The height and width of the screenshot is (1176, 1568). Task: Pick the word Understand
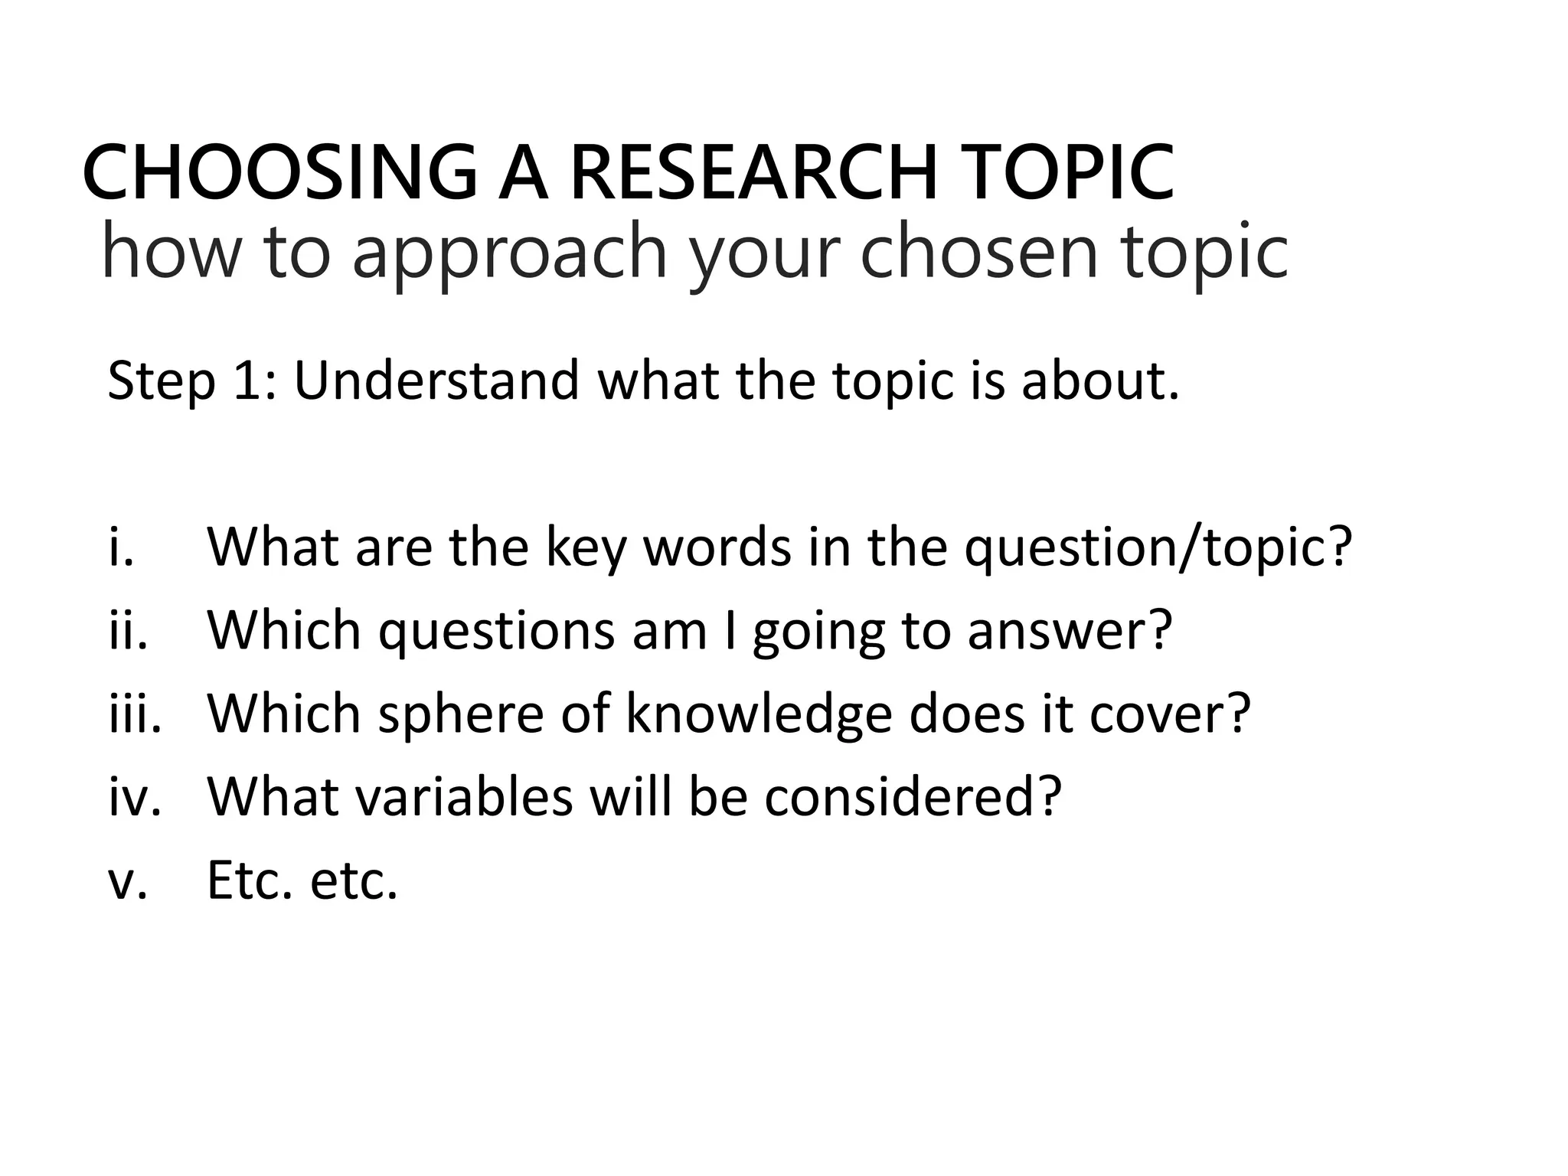point(436,381)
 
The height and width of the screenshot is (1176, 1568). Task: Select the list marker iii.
point(135,714)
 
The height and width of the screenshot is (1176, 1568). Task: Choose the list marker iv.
point(135,797)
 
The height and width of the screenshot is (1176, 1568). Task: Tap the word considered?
point(913,797)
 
